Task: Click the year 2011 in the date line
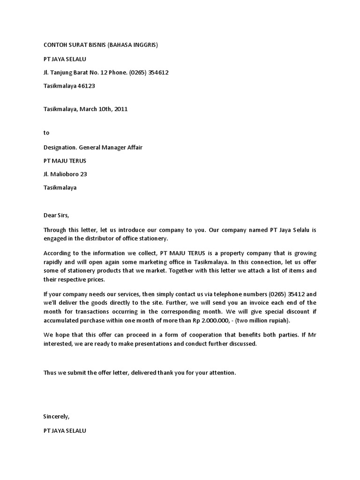(x=120, y=109)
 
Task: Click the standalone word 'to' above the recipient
(x=46, y=133)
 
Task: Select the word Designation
(x=60, y=147)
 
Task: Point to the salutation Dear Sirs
(x=56, y=216)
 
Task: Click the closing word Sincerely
(x=56, y=416)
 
